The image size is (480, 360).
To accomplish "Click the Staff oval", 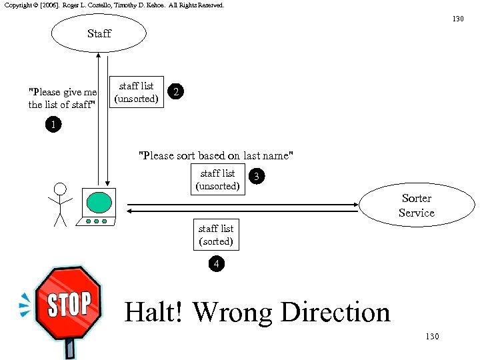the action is [99, 33].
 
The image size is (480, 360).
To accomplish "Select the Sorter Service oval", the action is [416, 205].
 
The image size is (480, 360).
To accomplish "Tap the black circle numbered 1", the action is [53, 124].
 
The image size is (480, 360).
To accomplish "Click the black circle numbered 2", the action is [175, 92].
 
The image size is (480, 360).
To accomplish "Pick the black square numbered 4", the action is [215, 265].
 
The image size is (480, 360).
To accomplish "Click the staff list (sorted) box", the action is [216, 235].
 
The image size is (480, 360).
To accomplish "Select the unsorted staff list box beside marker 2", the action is [137, 93].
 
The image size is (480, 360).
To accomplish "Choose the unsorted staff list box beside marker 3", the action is [217, 179].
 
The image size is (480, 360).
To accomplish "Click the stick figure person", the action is [60, 203].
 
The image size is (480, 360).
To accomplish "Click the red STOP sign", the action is [68, 304].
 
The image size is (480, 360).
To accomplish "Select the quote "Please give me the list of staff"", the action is [63, 98].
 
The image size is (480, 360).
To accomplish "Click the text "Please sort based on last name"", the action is [215, 155].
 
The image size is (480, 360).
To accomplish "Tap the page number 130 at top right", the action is [458, 19].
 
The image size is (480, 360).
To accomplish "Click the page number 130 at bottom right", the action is [432, 337].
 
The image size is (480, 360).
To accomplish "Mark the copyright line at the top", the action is [114, 5].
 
